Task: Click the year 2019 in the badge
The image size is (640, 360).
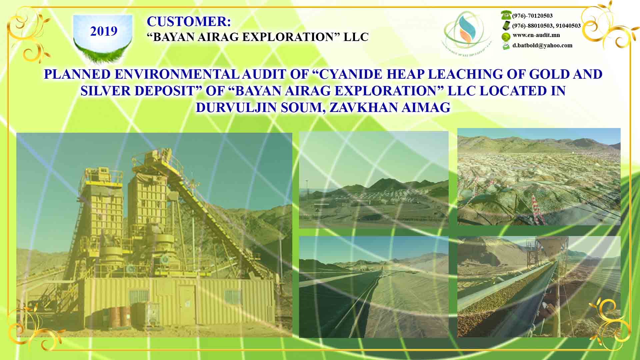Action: (x=104, y=31)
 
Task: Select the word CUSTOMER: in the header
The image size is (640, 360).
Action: (x=189, y=22)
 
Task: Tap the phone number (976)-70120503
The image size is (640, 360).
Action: (x=532, y=16)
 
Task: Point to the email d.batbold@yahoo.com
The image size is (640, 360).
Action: (x=542, y=45)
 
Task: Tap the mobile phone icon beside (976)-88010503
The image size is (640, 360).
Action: (x=506, y=25)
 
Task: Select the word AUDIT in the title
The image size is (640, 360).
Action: (x=264, y=74)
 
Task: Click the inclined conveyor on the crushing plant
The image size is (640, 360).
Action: (x=213, y=213)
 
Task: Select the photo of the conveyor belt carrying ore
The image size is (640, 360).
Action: (x=539, y=287)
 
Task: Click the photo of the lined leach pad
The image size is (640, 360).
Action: (x=373, y=287)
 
